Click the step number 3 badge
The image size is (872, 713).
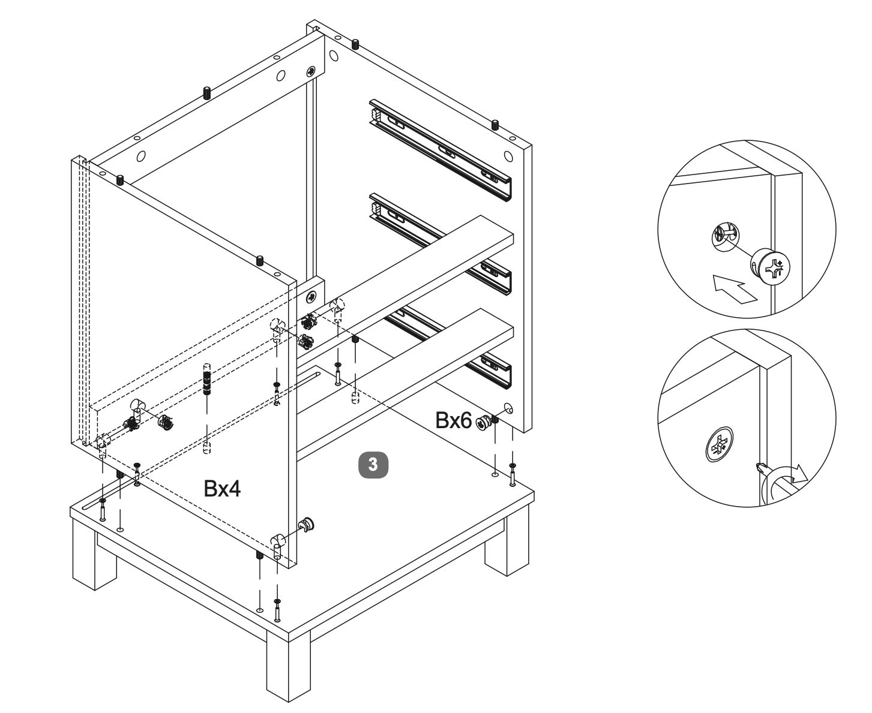[373, 464]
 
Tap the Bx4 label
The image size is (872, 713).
[222, 489]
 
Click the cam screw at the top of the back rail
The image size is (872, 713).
[311, 71]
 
